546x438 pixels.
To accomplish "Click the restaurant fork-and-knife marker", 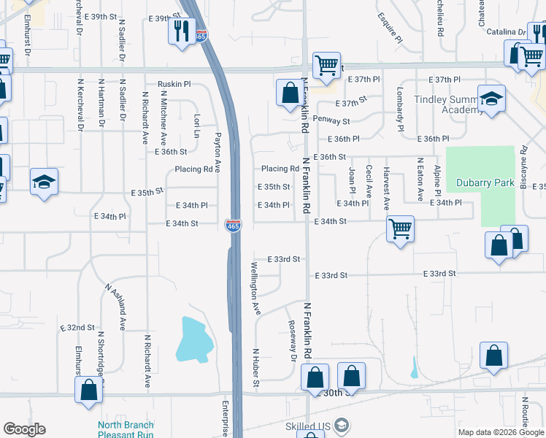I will coord(180,31).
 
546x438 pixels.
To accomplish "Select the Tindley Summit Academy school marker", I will coord(491,99).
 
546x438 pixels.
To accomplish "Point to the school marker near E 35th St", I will coord(44,182).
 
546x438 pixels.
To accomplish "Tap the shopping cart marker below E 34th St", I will coord(400,229).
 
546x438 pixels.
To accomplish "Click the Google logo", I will coord(24,429).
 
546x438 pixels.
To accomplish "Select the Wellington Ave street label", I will coord(256,288).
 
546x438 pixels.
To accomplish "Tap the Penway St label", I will coord(331,120).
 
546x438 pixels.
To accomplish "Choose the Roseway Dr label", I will coord(293,341).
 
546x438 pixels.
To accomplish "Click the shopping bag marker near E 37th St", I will coord(287,92).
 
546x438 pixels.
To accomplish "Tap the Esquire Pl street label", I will coord(391,26).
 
